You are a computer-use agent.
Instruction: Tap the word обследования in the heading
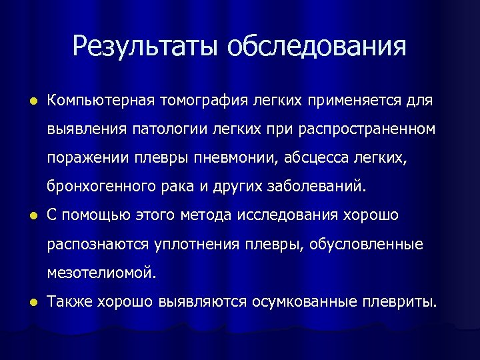[316, 47]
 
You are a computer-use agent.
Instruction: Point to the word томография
[199, 101]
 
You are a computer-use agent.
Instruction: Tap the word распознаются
[99, 244]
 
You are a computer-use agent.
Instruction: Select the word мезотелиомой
[102, 273]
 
